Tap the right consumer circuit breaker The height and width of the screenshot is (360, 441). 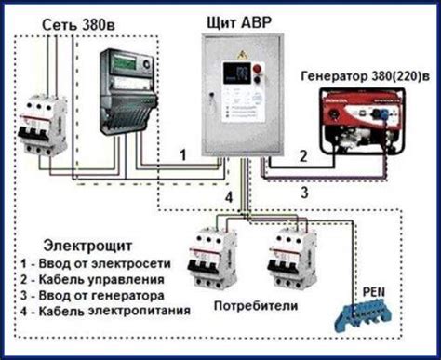(x=287, y=261)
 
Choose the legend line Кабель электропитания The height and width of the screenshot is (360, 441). (x=99, y=310)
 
